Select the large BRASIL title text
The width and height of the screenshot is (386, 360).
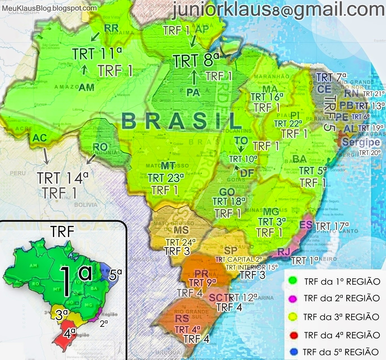pyautogui.click(x=180, y=121)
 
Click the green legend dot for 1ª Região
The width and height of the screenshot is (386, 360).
pyautogui.click(x=293, y=281)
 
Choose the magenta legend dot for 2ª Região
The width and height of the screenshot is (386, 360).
pyautogui.click(x=293, y=299)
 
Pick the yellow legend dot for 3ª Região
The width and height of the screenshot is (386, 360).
pyautogui.click(x=293, y=317)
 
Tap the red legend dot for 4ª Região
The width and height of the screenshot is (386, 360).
pyautogui.click(x=293, y=335)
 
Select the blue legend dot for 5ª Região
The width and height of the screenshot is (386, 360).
pyautogui.click(x=293, y=352)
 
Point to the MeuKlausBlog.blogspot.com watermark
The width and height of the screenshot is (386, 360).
pyautogui.click(x=49, y=8)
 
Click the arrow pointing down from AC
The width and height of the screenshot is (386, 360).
pyautogui.click(x=45, y=156)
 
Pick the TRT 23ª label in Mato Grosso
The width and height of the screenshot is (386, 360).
pyautogui.click(x=166, y=178)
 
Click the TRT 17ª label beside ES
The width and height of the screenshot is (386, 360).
pyautogui.click(x=332, y=226)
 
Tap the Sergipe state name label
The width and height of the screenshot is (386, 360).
pyautogui.click(x=361, y=142)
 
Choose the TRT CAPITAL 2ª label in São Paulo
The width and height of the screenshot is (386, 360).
pyautogui.click(x=239, y=259)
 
